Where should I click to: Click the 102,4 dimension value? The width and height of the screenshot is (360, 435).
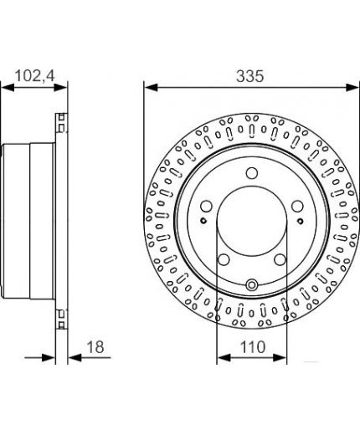point(35,76)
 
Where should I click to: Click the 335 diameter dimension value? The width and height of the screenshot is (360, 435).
point(249,76)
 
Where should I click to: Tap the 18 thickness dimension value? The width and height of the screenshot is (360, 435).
point(95,347)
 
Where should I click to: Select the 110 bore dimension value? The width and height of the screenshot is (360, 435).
point(253,347)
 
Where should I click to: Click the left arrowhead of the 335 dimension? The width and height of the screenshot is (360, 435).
point(152,87)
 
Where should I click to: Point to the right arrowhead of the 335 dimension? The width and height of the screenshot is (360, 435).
point(352,87)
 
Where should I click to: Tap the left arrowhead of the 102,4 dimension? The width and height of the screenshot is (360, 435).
point(8,87)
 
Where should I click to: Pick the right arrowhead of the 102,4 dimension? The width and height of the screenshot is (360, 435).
point(60,87)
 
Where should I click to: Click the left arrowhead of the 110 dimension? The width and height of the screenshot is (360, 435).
point(224,357)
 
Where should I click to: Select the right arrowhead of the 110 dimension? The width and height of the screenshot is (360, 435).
point(280,357)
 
